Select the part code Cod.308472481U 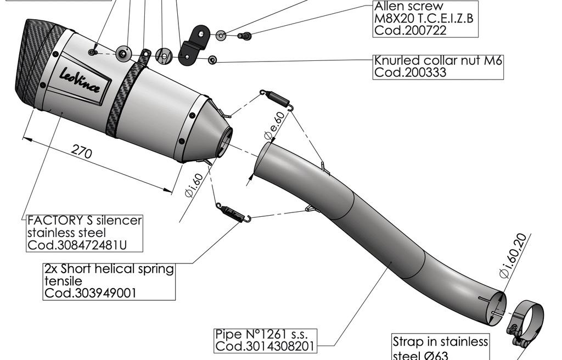point(77,245)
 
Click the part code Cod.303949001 point(91,293)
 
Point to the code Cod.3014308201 point(266,346)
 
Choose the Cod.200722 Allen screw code point(410,31)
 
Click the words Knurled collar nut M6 point(437,60)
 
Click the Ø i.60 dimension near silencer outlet point(194,185)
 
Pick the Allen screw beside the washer point(245,36)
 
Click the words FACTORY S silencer point(85,221)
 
